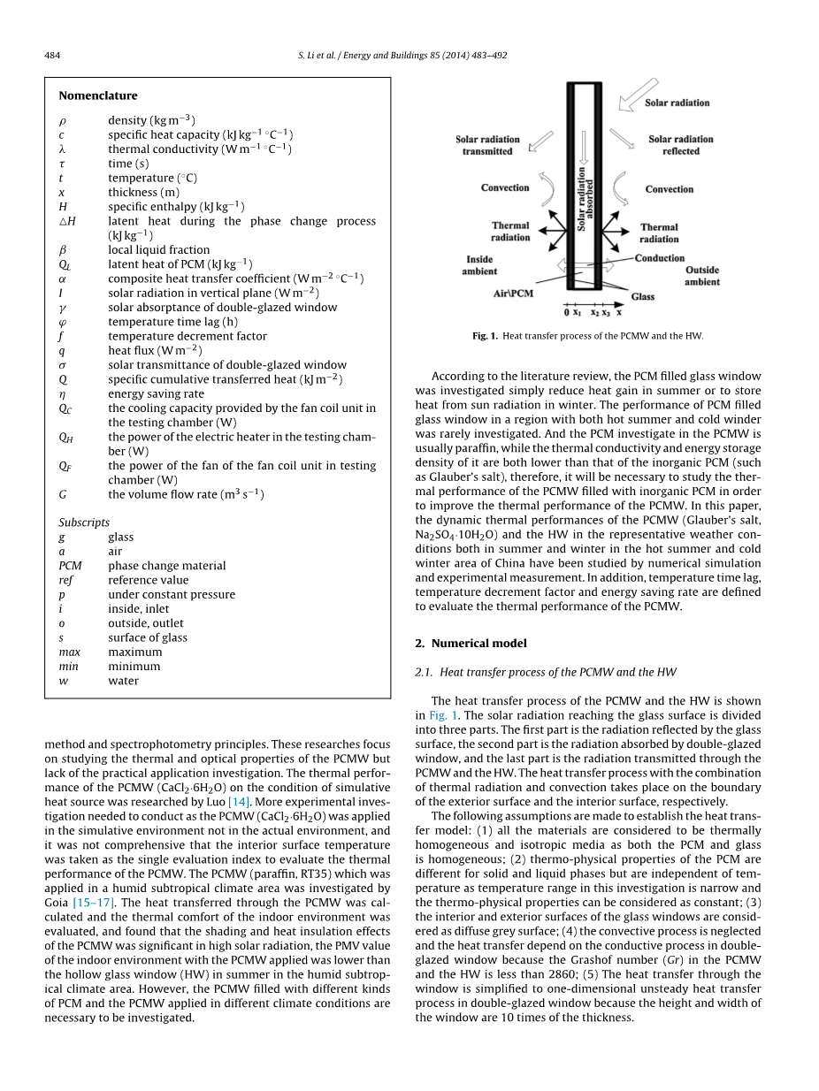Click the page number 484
52,56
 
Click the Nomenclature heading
98,95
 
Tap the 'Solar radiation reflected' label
680,145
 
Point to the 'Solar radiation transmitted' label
487,145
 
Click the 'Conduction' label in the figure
660,258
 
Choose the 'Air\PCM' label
513,293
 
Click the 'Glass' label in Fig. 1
643,296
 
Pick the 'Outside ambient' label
702,276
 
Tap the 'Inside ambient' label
479,265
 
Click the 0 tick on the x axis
567,312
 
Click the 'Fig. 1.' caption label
486,336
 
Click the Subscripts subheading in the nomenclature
84,523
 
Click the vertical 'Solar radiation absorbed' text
586,199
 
